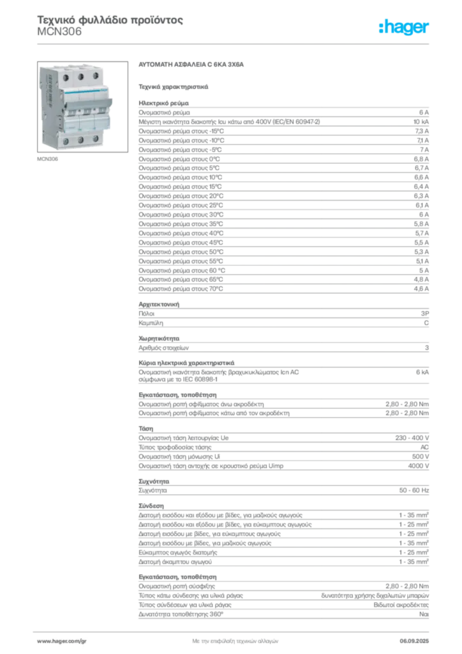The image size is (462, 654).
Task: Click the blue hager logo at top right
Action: click(x=405, y=27)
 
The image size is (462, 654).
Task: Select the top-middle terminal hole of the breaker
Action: click(x=80, y=76)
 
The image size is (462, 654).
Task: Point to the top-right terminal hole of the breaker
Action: click(x=95, y=76)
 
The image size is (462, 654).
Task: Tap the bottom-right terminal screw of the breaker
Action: click(x=95, y=138)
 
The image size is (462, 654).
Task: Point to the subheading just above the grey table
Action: click(x=174, y=86)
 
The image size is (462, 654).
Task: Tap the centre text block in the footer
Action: click(x=235, y=639)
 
